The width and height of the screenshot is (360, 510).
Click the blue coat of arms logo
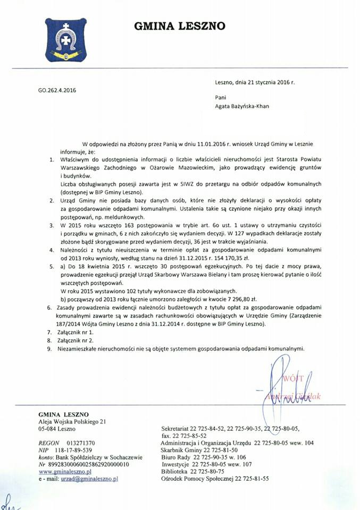coord(65,39)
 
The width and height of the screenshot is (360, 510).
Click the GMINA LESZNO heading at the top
coord(179,25)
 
